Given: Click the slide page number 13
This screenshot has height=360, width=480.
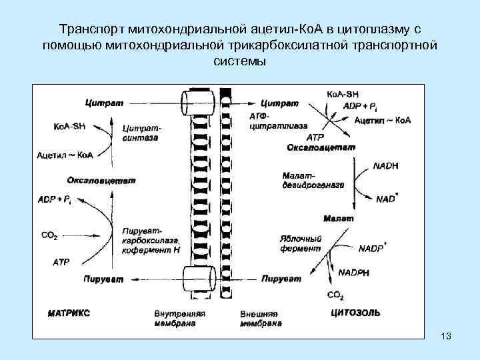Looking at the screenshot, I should (446, 336).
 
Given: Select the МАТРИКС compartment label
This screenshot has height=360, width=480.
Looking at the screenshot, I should (69, 313).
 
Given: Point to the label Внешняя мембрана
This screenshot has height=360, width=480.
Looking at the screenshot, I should (260, 317).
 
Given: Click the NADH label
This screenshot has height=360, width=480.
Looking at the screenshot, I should (386, 166).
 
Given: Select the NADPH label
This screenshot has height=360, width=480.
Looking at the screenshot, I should (355, 272).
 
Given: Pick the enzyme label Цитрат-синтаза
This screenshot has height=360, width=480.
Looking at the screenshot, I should (141, 133).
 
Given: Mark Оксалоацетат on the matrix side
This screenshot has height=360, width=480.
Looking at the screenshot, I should (101, 180).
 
